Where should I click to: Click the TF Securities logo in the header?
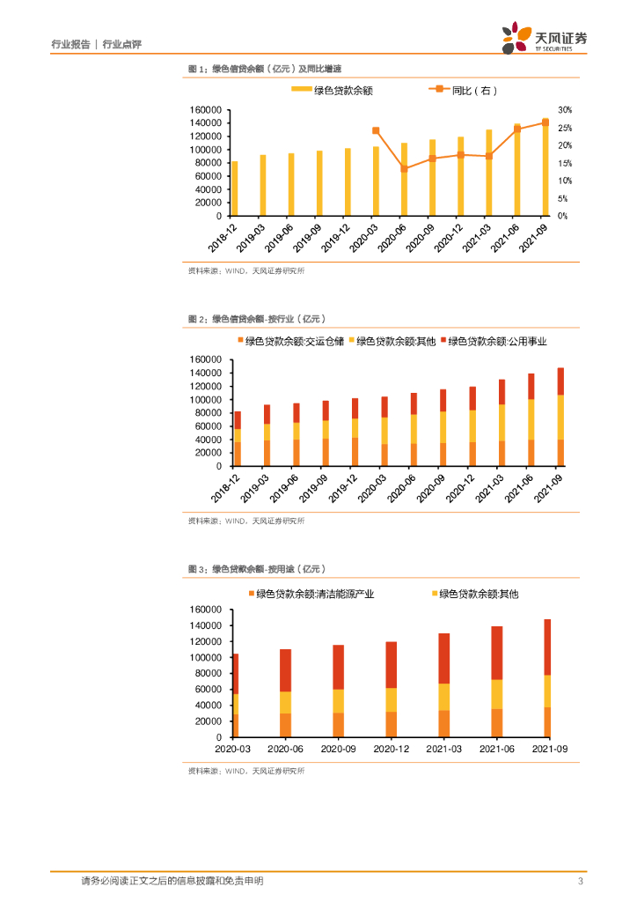click(544, 39)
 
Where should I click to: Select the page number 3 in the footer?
click(580, 882)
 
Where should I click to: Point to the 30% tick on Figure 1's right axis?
click(565, 110)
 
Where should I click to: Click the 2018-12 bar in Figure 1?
click(234, 189)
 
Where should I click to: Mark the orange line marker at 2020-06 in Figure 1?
click(404, 168)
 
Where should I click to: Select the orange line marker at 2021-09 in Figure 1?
click(545, 122)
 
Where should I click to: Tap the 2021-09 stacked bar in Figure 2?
click(560, 416)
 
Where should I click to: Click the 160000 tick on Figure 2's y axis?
click(205, 359)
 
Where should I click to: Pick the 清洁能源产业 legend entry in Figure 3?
click(316, 595)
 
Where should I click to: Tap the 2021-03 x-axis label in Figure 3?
click(443, 748)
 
